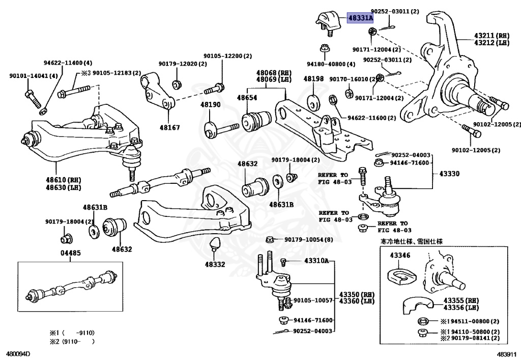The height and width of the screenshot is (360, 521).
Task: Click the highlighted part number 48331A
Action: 360,18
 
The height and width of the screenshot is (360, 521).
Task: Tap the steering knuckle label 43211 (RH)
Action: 491,36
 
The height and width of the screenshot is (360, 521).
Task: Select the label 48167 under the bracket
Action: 169,127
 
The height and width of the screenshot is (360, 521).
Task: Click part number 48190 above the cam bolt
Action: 210,105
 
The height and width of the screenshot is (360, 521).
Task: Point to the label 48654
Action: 247,98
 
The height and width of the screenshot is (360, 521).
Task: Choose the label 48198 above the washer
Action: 313,79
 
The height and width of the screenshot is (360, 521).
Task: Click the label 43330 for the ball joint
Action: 449,174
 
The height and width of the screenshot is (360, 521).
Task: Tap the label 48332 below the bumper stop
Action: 215,265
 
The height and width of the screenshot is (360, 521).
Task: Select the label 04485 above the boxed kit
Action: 70,253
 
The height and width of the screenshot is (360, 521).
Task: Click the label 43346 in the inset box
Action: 400,255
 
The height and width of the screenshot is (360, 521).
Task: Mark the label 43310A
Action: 316,261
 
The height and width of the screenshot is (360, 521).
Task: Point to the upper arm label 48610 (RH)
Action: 64,180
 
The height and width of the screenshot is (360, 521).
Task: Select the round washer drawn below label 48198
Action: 313,103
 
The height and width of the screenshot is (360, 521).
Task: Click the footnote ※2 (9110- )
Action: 72,341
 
